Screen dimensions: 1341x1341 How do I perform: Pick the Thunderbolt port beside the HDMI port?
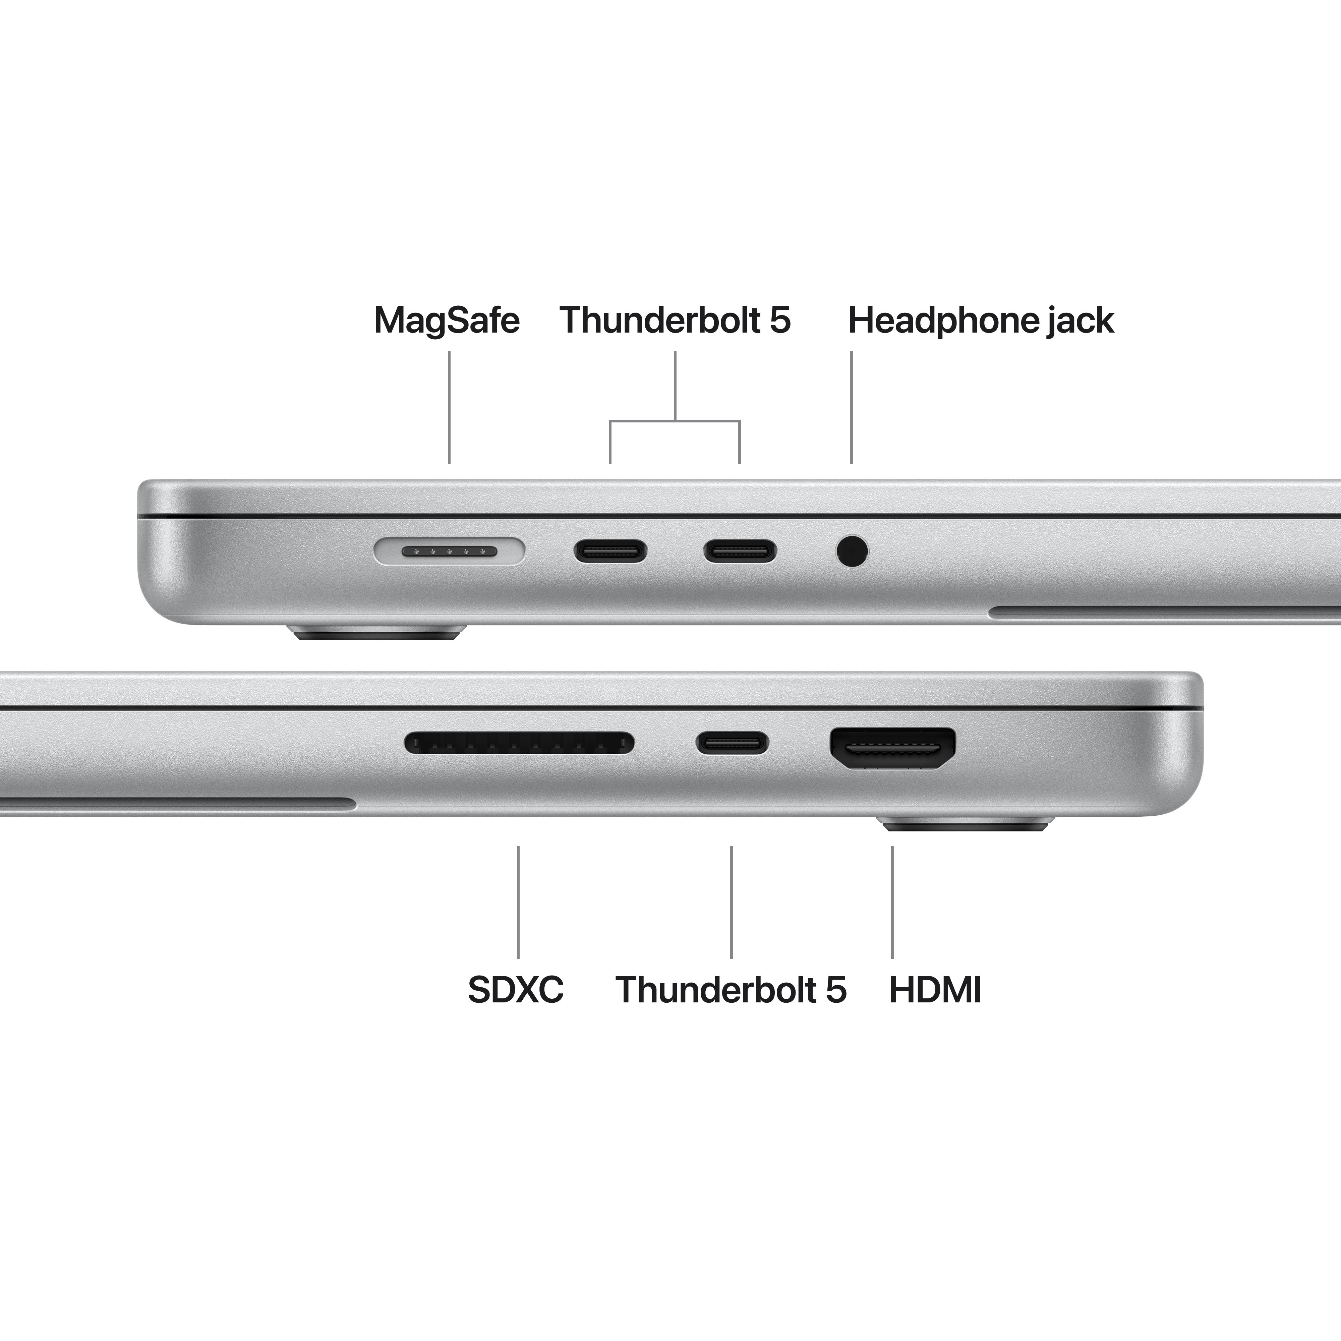point(732,743)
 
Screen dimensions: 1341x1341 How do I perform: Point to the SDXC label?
point(516,990)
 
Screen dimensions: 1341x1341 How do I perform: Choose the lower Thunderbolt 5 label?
point(731,990)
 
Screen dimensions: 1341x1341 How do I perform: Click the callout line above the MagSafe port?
point(449,407)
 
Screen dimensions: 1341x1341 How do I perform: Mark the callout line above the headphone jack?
point(852,407)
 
